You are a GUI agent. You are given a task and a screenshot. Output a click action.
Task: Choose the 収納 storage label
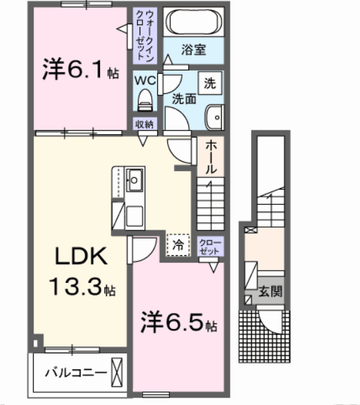pos(144,124)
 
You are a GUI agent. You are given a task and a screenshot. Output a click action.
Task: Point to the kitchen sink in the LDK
pos(135,179)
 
